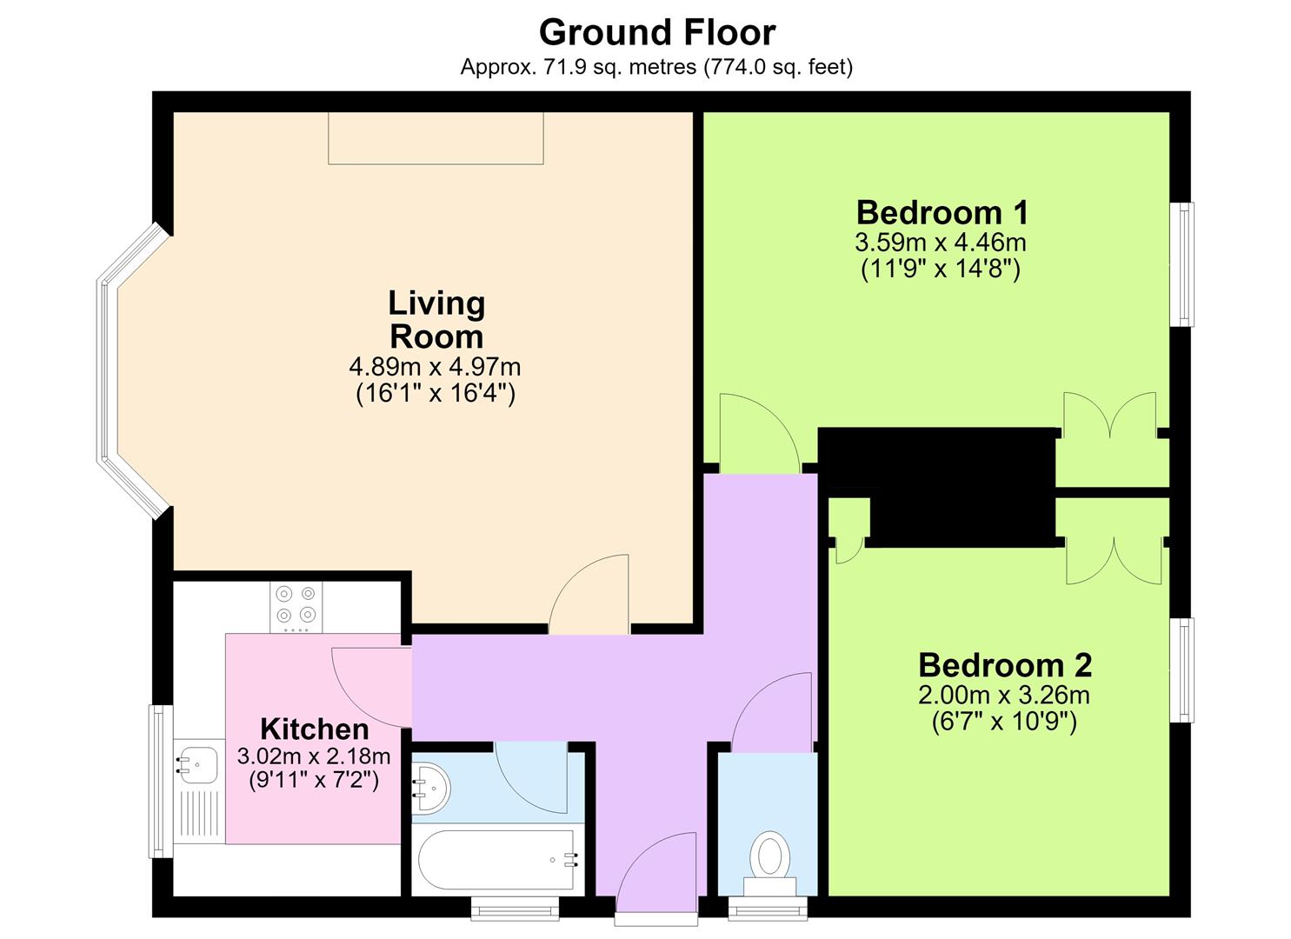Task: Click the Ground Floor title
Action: (x=657, y=33)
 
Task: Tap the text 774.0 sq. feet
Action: (x=776, y=68)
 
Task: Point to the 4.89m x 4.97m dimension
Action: (x=436, y=367)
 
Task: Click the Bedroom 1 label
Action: (x=942, y=213)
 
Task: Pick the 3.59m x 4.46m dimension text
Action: (x=941, y=243)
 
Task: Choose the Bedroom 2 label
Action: (x=1005, y=665)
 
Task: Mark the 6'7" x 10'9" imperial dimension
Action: (x=1004, y=722)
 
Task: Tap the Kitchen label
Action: (x=314, y=729)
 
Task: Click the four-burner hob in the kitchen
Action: (x=296, y=607)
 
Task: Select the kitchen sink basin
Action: (x=197, y=764)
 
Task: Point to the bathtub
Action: (x=496, y=860)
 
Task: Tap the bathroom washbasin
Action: (x=430, y=788)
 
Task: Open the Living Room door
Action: (x=589, y=595)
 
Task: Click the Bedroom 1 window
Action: (x=1181, y=264)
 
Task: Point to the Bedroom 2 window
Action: (x=1181, y=669)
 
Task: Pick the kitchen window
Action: (x=161, y=781)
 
